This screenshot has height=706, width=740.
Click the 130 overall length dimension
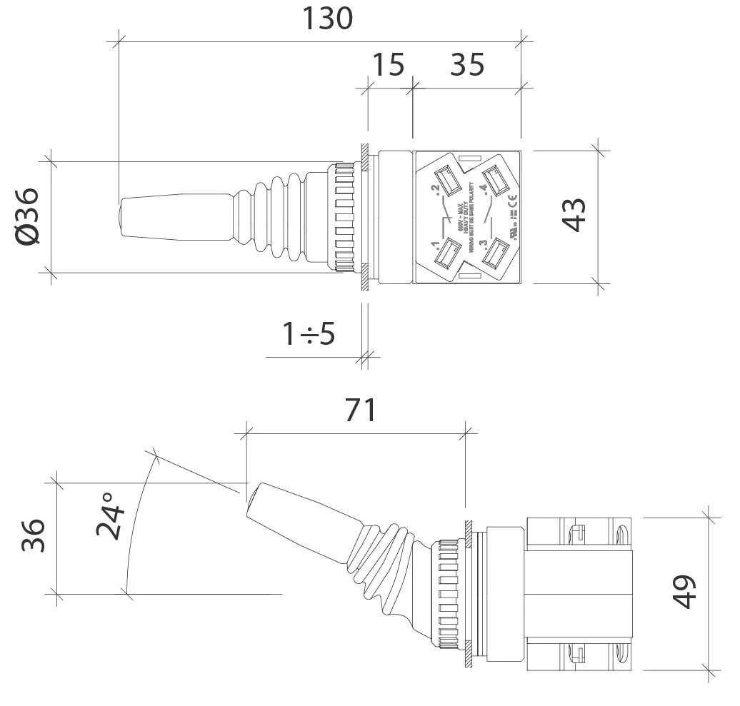[x=327, y=19]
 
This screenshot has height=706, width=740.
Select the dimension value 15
[x=389, y=65]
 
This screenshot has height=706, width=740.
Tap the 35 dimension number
[x=467, y=65]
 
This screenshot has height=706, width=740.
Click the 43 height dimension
[x=575, y=214]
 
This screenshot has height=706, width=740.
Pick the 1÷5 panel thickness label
[x=309, y=333]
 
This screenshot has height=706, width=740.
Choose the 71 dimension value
[x=360, y=410]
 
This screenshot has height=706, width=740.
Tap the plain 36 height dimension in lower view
[x=33, y=535]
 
